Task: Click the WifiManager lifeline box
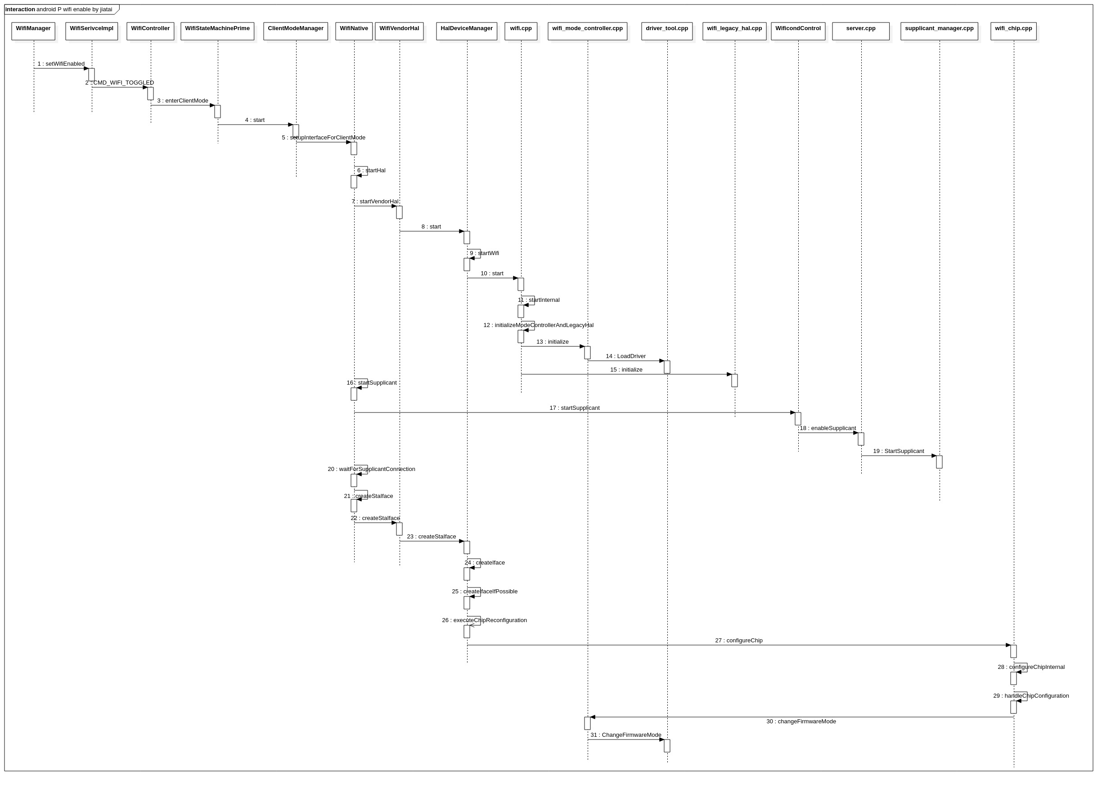click(33, 31)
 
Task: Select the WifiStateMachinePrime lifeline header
click(217, 31)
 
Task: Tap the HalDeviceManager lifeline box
click(466, 31)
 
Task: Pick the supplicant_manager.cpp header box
click(939, 31)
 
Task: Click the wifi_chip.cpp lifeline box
click(1013, 31)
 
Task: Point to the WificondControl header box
click(797, 31)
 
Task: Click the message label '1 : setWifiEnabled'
click(61, 63)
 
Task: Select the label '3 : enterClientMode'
click(182, 101)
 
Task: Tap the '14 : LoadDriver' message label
click(625, 356)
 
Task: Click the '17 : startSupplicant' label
click(574, 408)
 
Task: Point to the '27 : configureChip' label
click(738, 641)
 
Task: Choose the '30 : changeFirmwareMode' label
click(801, 721)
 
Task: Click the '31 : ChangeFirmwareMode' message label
click(625, 735)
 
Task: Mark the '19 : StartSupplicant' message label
click(898, 451)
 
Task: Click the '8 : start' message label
click(431, 226)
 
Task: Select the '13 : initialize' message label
click(552, 341)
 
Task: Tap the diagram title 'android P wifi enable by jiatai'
click(74, 9)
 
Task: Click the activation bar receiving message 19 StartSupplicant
click(939, 462)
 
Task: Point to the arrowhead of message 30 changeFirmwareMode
click(593, 717)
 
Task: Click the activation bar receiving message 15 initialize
click(734, 381)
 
